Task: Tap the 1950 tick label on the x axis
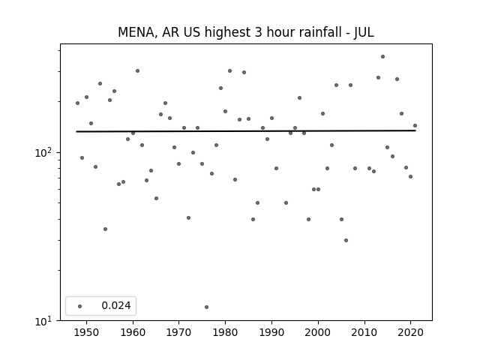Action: tap(86, 331)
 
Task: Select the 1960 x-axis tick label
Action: tap(133, 331)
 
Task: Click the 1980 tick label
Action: tap(225, 331)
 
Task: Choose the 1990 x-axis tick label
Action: tap(271, 331)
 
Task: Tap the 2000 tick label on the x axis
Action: tap(318, 331)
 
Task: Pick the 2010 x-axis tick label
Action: tap(364, 331)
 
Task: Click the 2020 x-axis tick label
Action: tap(411, 331)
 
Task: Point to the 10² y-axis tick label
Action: tap(46, 151)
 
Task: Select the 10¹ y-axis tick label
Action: tap(46, 320)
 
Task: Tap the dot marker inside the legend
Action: tap(80, 305)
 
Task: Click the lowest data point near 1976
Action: tap(206, 307)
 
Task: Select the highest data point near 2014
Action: tap(382, 56)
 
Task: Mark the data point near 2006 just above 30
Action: tap(346, 240)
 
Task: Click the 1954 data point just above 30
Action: tap(105, 229)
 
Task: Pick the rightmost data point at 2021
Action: tap(415, 125)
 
